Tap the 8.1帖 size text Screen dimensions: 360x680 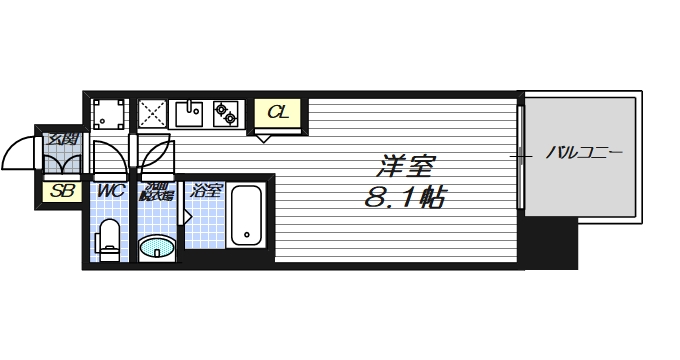[405, 197]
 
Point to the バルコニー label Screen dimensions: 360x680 [584, 154]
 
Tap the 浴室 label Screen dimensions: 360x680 [207, 190]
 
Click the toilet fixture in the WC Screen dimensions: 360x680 [110, 240]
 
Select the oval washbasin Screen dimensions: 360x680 [155, 246]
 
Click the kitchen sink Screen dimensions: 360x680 [190, 114]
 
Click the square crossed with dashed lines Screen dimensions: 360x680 [152, 114]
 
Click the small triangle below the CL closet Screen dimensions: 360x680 [262, 138]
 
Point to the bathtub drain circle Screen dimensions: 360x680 [246, 238]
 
